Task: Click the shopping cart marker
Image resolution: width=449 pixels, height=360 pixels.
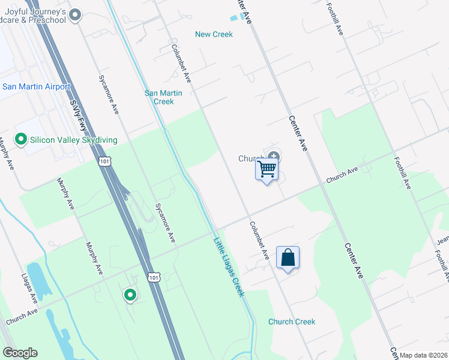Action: tap(267, 169)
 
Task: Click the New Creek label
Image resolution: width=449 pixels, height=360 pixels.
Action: tap(214, 34)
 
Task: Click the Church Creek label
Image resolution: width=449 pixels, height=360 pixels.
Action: tap(292, 322)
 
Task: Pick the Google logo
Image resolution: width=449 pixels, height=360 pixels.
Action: tap(20, 353)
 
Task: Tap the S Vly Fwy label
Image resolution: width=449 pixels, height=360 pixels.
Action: tap(77, 114)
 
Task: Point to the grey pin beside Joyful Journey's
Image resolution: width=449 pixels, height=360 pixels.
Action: tap(75, 15)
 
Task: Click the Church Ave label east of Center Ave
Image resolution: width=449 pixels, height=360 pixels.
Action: tap(342, 175)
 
